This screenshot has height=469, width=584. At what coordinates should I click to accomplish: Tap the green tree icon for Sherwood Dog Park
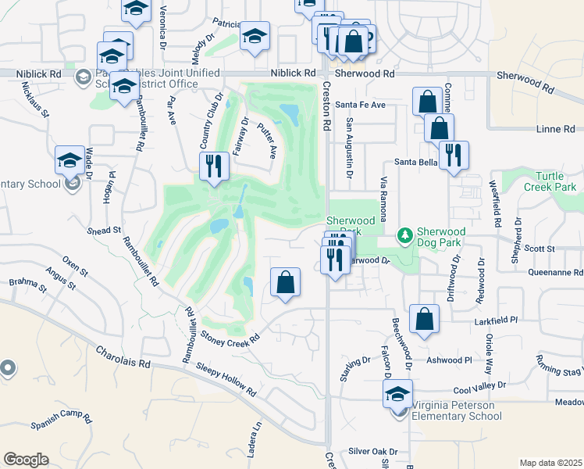(404, 234)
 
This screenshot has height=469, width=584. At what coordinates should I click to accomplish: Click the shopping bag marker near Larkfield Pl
(424, 318)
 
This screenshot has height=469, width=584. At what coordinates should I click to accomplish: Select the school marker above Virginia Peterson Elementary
(397, 393)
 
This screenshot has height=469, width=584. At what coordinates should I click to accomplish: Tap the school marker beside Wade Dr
(69, 160)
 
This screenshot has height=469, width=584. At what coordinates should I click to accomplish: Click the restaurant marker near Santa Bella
(454, 154)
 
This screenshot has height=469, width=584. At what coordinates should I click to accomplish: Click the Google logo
(26, 460)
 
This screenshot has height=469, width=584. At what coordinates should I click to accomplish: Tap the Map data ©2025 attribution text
(550, 463)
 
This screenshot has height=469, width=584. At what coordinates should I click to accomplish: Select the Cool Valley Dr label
(479, 387)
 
